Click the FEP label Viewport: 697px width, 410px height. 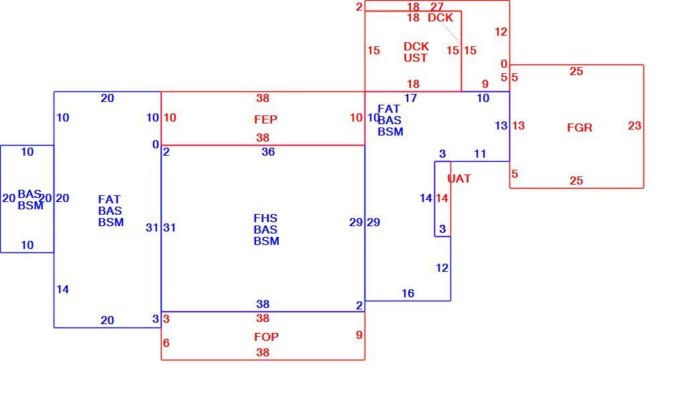click(265, 119)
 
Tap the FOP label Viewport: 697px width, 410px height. click(266, 337)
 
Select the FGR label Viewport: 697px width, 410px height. click(580, 127)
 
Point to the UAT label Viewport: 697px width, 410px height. click(458, 178)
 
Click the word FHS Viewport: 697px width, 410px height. click(265, 218)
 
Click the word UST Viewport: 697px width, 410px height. click(415, 58)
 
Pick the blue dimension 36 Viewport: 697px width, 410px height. click(268, 152)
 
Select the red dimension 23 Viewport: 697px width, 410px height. click(634, 126)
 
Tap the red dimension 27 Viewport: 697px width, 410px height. click(437, 7)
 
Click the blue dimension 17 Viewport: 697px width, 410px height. click(410, 98)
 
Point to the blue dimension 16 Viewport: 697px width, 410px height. click(407, 293)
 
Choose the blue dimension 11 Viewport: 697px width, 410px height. click(480, 154)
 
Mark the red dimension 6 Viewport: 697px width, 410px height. click(166, 343)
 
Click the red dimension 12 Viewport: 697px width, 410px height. click(501, 32)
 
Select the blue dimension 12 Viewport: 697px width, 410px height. click(442, 268)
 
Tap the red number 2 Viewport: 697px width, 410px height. click(359, 7)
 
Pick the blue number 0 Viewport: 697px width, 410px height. click(155, 145)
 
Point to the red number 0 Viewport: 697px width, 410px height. click(503, 64)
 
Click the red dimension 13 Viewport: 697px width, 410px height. click(518, 126)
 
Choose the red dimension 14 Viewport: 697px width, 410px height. click(442, 198)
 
